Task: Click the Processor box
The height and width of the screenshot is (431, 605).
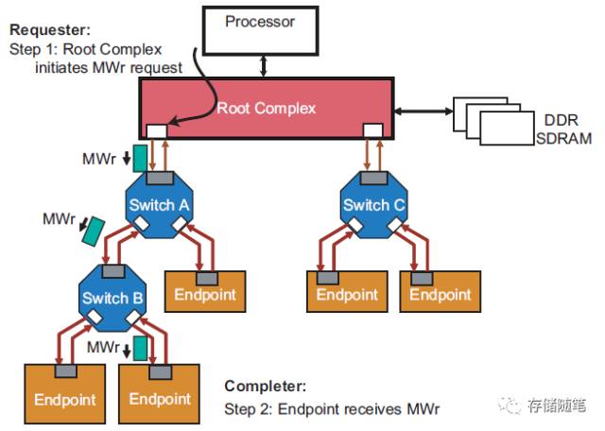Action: pos(261,31)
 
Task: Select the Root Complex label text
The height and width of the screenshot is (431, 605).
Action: pos(267,108)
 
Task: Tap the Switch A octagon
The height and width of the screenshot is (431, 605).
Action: pos(159,204)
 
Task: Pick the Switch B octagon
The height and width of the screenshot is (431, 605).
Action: pos(112,298)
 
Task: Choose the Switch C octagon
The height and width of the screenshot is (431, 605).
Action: pos(373,204)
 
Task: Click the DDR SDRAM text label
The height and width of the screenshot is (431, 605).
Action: pos(563,129)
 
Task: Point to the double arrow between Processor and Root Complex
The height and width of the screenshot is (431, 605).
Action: pos(264,66)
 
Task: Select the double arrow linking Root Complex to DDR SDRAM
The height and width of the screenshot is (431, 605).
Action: pos(423,112)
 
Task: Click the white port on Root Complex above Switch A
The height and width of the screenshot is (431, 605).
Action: pos(157,131)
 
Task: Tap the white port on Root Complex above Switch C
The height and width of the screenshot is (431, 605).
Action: pos(373,130)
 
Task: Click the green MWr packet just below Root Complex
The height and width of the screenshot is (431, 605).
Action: pos(140,158)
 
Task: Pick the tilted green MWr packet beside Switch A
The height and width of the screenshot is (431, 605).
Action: pos(94,232)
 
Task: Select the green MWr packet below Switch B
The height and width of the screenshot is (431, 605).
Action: pos(140,348)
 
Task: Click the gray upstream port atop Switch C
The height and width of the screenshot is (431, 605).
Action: pos(373,178)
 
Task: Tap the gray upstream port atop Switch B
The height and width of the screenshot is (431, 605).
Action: pos(113,271)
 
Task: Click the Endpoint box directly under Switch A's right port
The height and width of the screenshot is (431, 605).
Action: pos(205,291)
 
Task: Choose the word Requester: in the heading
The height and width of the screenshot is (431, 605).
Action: pos(50,29)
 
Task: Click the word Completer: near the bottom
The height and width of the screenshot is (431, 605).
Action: pos(266,386)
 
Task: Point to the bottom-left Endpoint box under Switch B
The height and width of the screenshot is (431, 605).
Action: pos(65,393)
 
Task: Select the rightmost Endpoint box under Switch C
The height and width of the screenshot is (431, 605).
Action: pos(441,291)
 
